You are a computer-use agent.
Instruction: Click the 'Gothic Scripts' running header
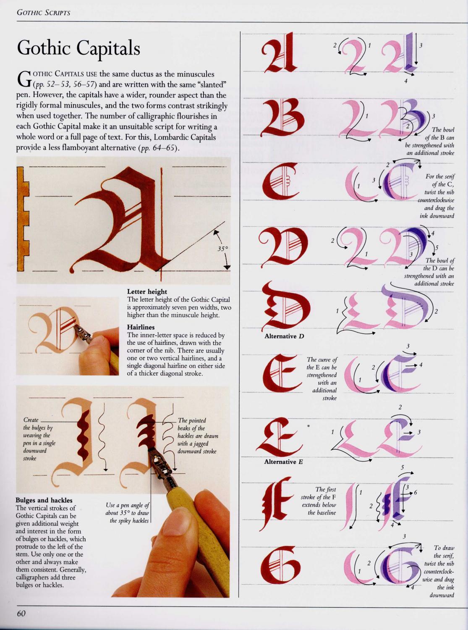[44, 13]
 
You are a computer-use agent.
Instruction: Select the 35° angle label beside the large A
[223, 249]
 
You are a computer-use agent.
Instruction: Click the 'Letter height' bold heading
[147, 291]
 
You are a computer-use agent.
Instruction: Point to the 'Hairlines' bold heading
[141, 327]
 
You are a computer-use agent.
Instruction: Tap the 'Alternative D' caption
[284, 336]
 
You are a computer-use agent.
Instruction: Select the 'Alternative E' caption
[283, 462]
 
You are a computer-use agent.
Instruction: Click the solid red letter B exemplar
[280, 118]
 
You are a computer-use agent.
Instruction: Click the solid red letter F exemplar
[277, 504]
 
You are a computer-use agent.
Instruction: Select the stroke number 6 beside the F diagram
[415, 493]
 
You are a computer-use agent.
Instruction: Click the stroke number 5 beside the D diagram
[437, 247]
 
